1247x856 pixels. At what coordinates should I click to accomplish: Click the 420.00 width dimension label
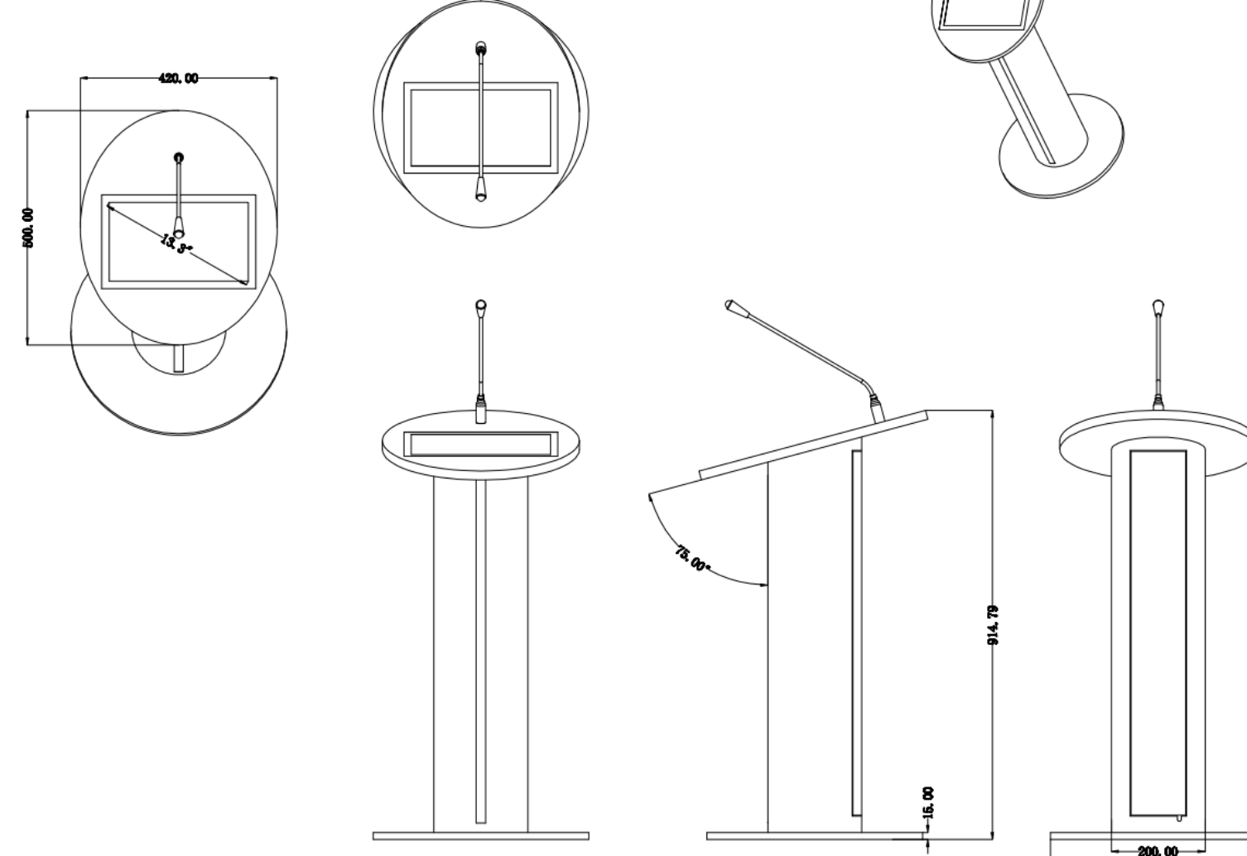click(x=178, y=79)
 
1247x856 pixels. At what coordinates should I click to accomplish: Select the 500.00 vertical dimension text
click(x=28, y=228)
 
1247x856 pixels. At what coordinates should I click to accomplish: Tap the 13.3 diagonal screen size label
click(x=176, y=243)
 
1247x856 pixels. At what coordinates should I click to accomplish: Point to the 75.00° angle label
click(x=692, y=560)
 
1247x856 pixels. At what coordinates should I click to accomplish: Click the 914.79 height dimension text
click(x=993, y=625)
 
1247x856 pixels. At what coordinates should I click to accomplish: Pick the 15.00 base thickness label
click(x=928, y=802)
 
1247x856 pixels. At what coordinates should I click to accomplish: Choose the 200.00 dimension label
click(x=1158, y=850)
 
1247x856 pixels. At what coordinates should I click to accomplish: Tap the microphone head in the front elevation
click(x=481, y=305)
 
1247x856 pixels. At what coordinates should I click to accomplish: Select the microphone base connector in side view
click(x=877, y=408)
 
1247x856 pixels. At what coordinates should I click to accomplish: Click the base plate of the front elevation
click(x=481, y=836)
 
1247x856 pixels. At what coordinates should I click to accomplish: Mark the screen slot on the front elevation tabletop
click(x=481, y=444)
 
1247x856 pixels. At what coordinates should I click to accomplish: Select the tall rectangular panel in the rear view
click(x=1158, y=633)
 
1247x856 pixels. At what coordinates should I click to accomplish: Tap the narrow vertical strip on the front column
click(x=481, y=652)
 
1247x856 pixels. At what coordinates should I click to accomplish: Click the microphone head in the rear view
click(x=1158, y=306)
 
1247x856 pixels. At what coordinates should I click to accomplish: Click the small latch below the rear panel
click(x=1179, y=819)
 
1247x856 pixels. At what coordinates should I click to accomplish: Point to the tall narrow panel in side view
click(x=857, y=633)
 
